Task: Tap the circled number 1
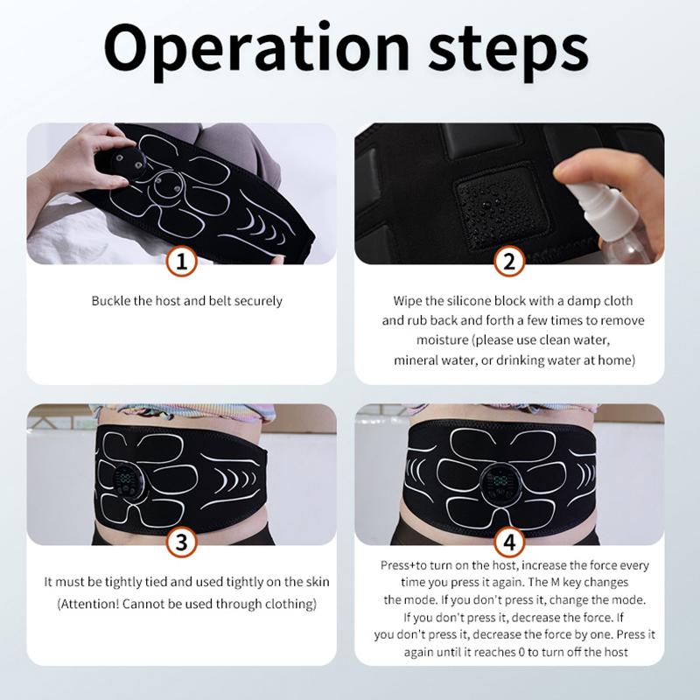181,261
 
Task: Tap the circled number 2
508,261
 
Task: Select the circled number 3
181,542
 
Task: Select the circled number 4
508,542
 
